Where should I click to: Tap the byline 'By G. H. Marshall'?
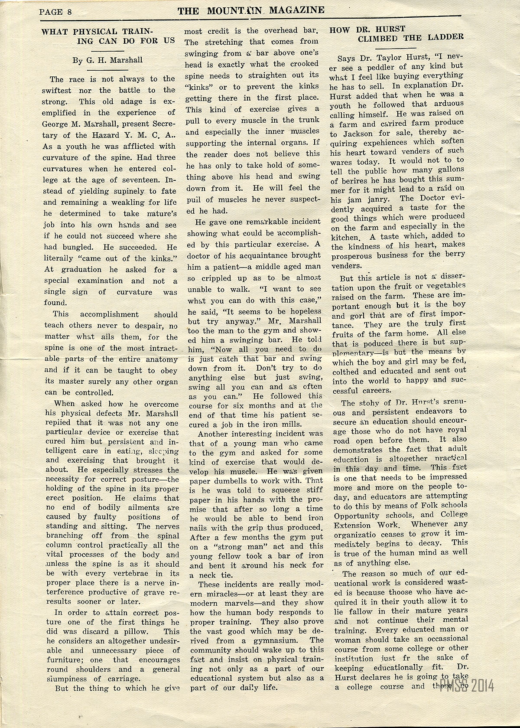coord(107,60)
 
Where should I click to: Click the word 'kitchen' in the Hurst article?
coord(345,238)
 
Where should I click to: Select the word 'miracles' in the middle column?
coord(226,593)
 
